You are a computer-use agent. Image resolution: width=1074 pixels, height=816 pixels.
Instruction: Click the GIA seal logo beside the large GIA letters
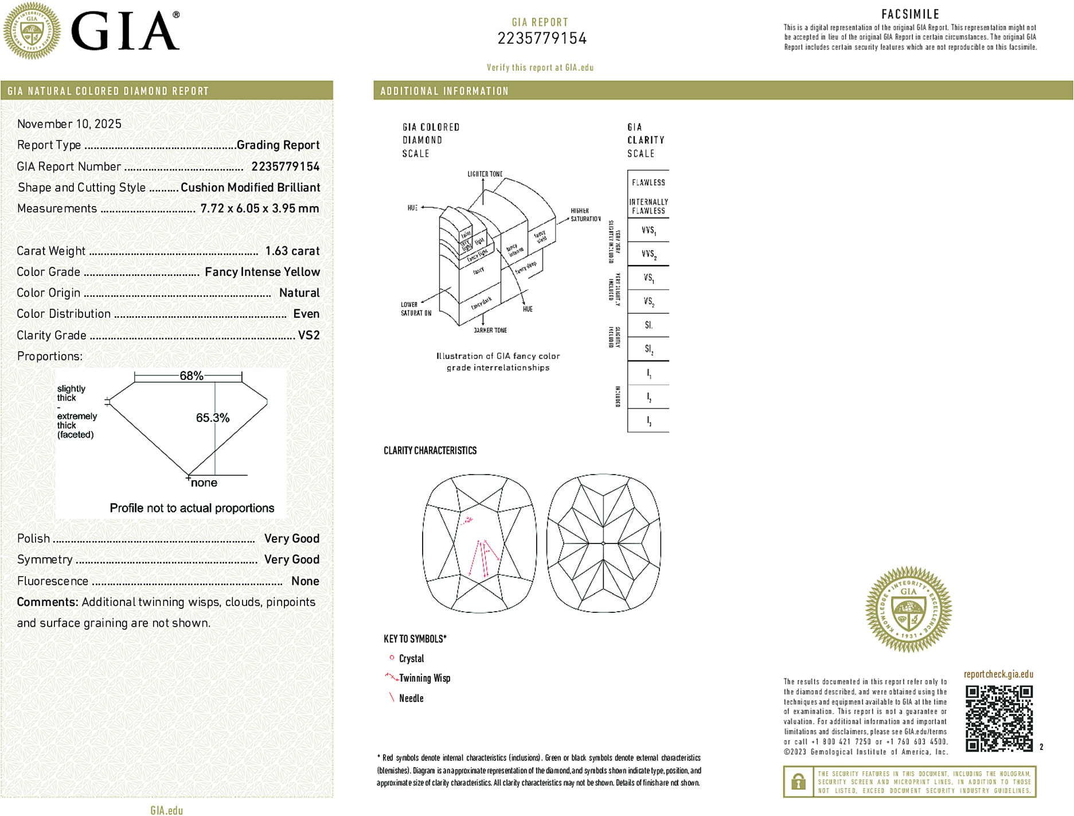point(32,31)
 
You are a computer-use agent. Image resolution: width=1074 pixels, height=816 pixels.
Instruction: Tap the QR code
point(999,718)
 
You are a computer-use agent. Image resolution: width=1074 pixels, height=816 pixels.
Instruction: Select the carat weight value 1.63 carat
point(292,251)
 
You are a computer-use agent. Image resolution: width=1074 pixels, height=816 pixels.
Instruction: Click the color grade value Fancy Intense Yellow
point(262,272)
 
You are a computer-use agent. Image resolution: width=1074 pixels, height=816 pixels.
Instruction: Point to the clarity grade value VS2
point(308,335)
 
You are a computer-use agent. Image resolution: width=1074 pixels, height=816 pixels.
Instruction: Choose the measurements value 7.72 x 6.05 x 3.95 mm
point(259,208)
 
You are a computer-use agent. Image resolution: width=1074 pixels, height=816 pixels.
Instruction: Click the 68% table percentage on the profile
point(191,376)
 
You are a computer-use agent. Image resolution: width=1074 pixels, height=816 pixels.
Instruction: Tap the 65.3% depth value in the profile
point(212,418)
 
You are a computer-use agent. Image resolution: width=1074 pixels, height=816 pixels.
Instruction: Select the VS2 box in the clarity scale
point(649,301)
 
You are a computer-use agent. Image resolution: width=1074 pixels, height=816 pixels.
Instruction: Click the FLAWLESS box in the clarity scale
point(649,182)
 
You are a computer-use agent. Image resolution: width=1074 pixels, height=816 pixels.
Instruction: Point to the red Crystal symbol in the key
point(392,658)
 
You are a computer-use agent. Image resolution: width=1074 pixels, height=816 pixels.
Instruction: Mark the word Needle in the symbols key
point(411,698)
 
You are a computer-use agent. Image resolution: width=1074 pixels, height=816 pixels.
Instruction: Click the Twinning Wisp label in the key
point(424,678)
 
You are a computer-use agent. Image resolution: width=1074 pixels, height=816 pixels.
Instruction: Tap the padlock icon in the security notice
point(798,782)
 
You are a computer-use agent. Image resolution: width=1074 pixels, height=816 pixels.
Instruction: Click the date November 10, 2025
point(69,124)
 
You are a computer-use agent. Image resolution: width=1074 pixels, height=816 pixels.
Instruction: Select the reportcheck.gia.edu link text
point(998,674)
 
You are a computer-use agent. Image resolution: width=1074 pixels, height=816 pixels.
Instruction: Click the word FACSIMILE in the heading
point(910,14)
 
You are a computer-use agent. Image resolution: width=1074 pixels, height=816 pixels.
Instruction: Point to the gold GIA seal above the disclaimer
point(908,609)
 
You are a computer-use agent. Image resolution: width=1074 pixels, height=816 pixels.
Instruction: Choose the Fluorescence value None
point(305,581)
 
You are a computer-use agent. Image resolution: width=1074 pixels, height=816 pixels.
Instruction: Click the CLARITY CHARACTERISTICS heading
point(430,450)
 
